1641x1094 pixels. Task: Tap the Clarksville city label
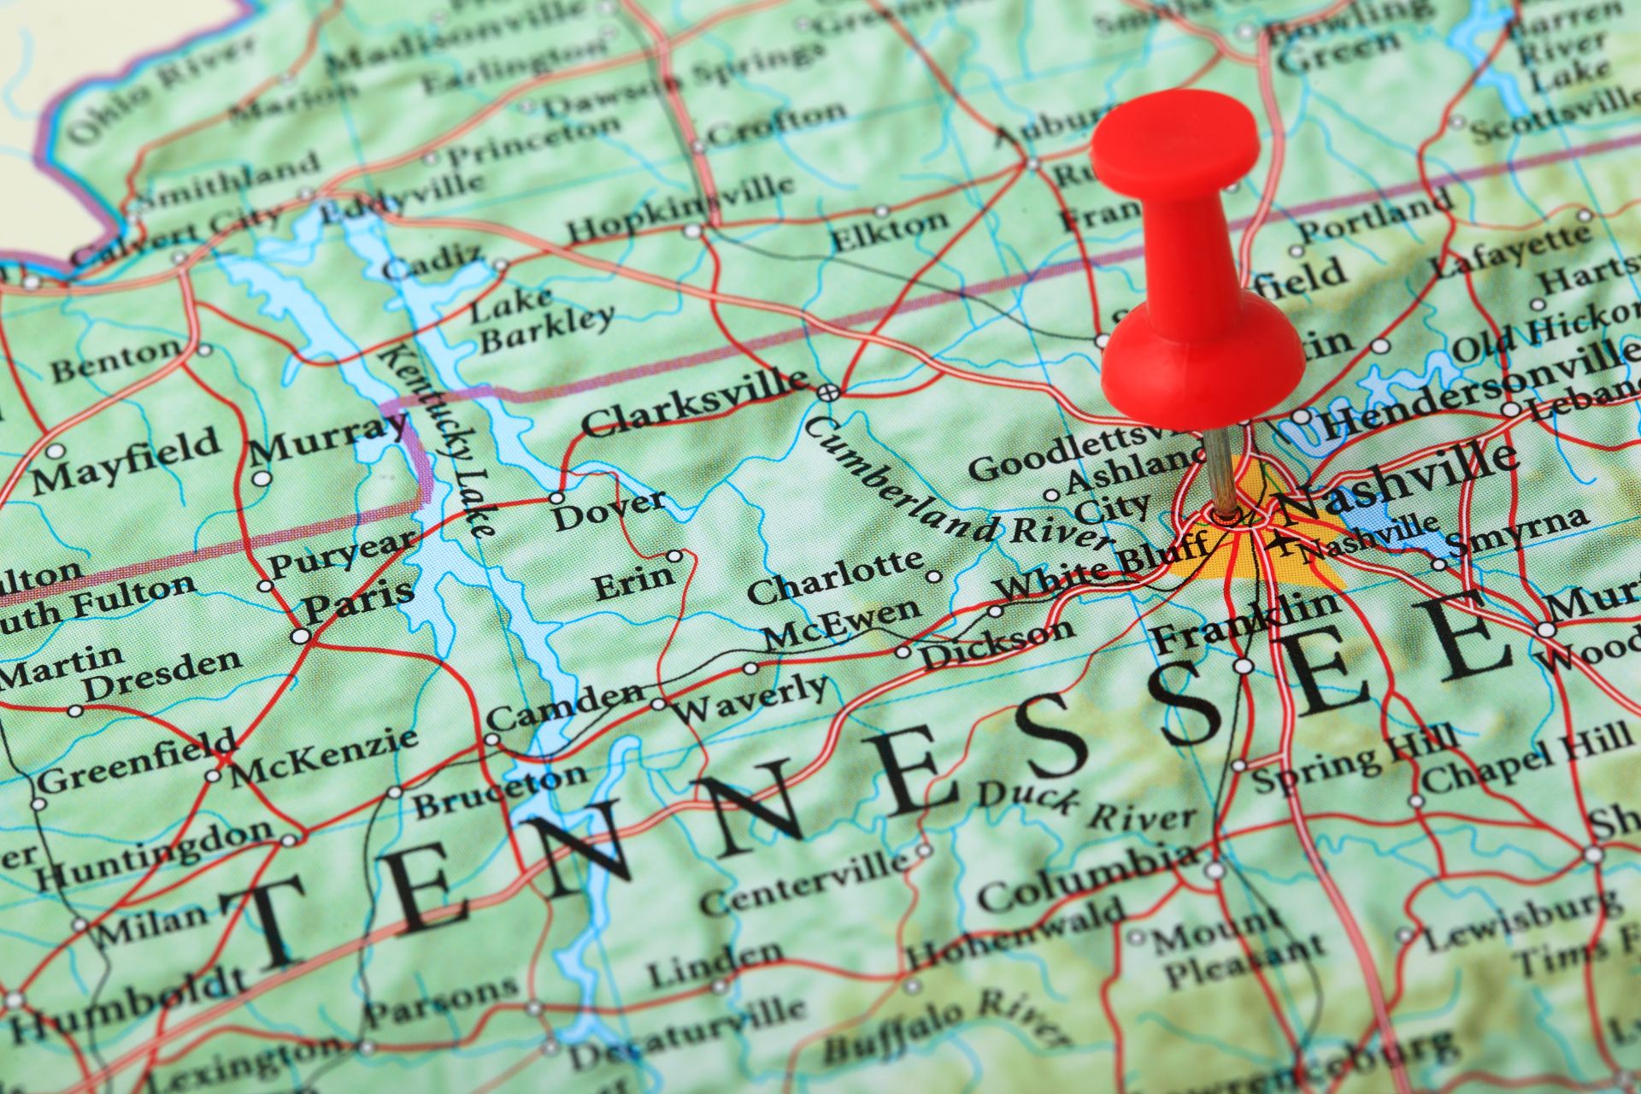(x=694, y=404)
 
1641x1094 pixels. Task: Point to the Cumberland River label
(x=957, y=491)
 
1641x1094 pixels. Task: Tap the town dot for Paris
(x=300, y=636)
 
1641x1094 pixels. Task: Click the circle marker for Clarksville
(x=826, y=392)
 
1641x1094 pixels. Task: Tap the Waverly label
(x=750, y=697)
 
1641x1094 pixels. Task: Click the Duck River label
(x=1085, y=808)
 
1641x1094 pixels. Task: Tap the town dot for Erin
(x=674, y=556)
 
